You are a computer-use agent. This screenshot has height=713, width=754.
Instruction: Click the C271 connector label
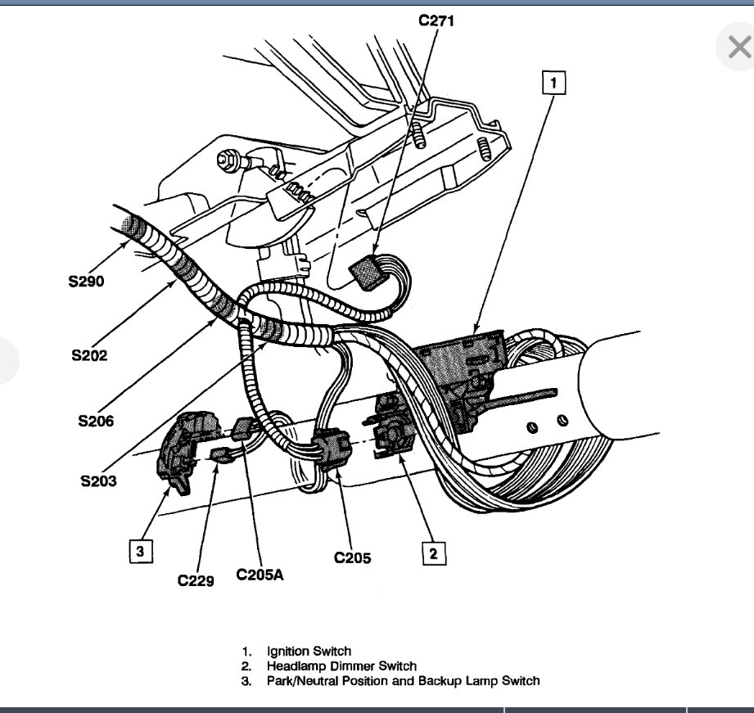[x=436, y=20]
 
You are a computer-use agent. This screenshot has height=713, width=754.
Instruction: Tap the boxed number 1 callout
[x=553, y=83]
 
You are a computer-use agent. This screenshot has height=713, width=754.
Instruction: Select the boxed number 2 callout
[x=433, y=553]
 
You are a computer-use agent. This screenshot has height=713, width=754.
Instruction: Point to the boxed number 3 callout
[x=140, y=552]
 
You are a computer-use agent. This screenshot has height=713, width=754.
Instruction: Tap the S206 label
[x=97, y=422]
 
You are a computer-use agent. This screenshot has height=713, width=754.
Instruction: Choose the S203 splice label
[x=98, y=481]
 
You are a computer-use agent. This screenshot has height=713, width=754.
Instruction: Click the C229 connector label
[x=196, y=580]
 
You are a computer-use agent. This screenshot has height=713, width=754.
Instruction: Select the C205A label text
[x=260, y=575]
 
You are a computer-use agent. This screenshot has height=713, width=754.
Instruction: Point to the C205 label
[x=352, y=558]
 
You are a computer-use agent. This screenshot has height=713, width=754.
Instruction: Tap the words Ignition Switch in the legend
[x=309, y=651]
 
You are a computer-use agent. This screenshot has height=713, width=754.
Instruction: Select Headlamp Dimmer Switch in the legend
[x=341, y=666]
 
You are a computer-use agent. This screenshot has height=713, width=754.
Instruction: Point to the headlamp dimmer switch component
[x=393, y=426]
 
